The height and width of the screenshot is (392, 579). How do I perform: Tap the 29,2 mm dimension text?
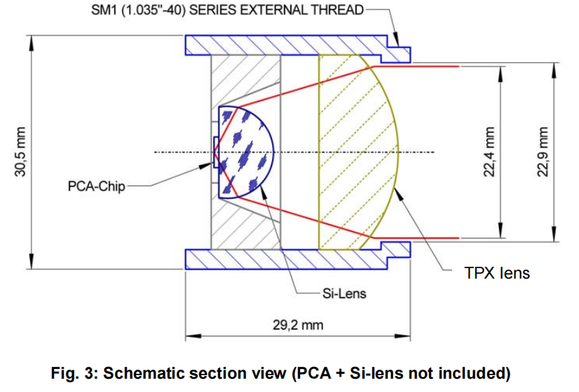(297, 325)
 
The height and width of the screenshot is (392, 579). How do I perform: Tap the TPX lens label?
(497, 272)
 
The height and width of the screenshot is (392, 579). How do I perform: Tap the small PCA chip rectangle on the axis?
(214, 152)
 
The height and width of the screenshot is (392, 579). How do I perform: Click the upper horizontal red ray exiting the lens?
(421, 66)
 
